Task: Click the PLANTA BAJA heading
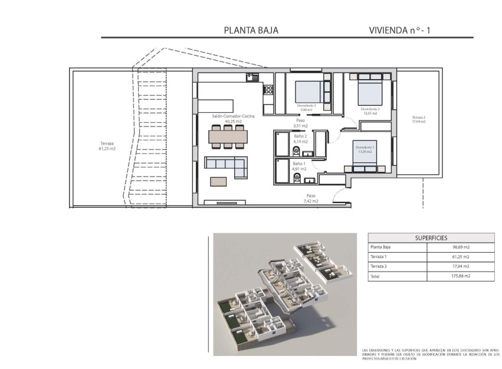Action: pyautogui.click(x=251, y=30)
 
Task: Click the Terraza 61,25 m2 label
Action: pyautogui.click(x=107, y=145)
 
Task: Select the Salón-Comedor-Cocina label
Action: pyautogui.click(x=234, y=119)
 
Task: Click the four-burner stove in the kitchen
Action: pyautogui.click(x=268, y=90)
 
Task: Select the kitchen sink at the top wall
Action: pyautogui.click(x=252, y=77)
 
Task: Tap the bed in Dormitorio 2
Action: pyautogui.click(x=369, y=93)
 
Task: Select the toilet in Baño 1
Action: pyautogui.click(x=297, y=176)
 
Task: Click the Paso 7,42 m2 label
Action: pyautogui.click(x=311, y=198)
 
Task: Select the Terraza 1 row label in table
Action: pyautogui.click(x=379, y=257)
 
